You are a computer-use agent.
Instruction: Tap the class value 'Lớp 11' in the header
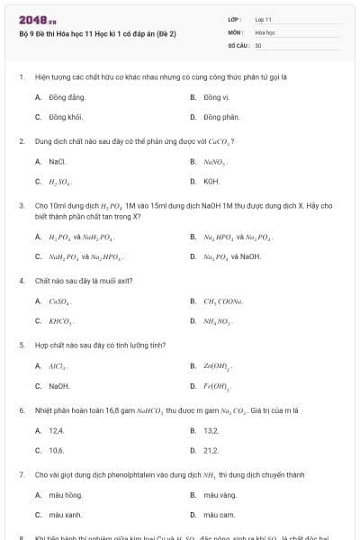pos(264,19)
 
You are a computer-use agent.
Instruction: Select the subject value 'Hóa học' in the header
pos(265,31)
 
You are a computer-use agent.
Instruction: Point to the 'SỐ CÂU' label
pos(238,44)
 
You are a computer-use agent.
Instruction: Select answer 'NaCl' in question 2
pos(58,161)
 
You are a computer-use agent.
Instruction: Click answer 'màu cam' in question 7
pos(219,515)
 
